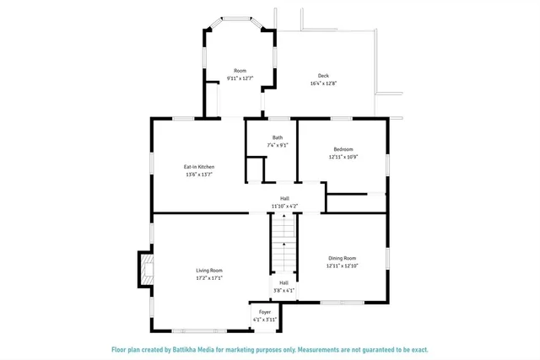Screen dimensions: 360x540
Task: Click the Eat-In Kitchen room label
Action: pyautogui.click(x=199, y=167)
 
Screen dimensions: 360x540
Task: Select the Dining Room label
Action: pyautogui.click(x=343, y=258)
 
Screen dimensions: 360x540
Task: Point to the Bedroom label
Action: pyautogui.click(x=343, y=149)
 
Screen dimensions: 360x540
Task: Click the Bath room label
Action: pyautogui.click(x=278, y=137)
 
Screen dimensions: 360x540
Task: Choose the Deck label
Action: pyautogui.click(x=323, y=76)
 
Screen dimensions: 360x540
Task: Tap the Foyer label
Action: pyautogui.click(x=265, y=312)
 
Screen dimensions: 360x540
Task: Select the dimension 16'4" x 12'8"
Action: pyautogui.click(x=323, y=83)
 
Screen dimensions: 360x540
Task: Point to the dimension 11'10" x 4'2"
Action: pyautogui.click(x=284, y=206)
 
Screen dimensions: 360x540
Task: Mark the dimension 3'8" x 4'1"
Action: pyautogui.click(x=284, y=290)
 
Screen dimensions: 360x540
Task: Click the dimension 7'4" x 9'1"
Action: pyautogui.click(x=278, y=145)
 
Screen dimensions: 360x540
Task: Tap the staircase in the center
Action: pyautogui.click(x=284, y=244)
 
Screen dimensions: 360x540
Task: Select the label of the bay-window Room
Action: pyautogui.click(x=240, y=71)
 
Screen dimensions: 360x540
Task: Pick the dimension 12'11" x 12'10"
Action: pyautogui.click(x=343, y=266)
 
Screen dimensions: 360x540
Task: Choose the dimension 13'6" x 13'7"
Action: pyautogui.click(x=199, y=175)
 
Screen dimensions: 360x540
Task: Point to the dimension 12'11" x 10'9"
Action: pyautogui.click(x=343, y=157)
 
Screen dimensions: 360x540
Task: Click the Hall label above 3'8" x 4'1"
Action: pyautogui.click(x=284, y=282)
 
